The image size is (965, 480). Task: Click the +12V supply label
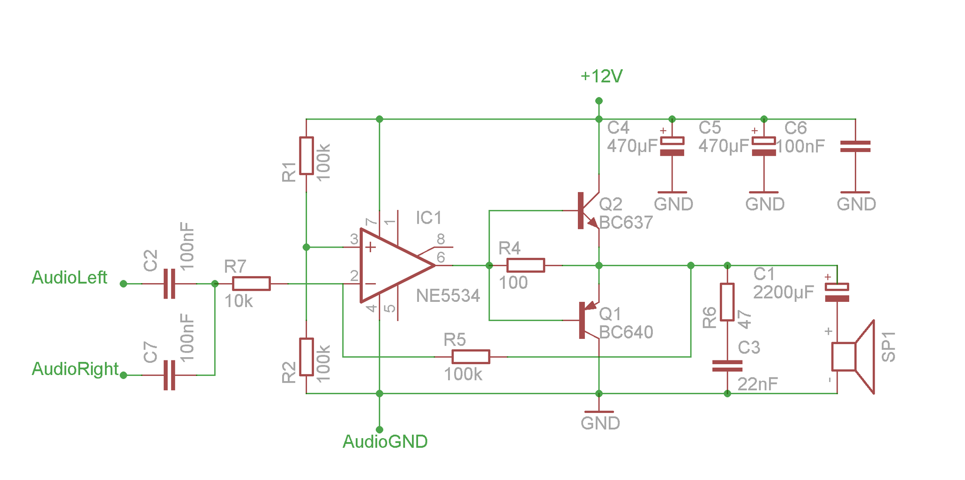tap(601, 76)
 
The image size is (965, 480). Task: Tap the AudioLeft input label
tap(69, 277)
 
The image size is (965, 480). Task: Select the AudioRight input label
tap(75, 369)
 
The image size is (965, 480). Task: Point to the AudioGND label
tap(385, 442)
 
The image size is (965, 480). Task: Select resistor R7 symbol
tap(251, 284)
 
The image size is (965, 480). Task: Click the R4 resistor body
tap(525, 265)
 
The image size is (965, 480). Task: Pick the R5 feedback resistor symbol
tap(471, 357)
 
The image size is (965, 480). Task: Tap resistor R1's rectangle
tap(307, 156)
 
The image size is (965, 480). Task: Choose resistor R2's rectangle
tap(307, 357)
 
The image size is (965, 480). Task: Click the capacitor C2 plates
tap(169, 284)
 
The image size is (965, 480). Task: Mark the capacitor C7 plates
tap(169, 375)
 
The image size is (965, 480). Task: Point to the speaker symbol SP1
tap(853, 357)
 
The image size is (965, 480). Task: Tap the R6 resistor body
tap(727, 302)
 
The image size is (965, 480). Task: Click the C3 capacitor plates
tap(727, 366)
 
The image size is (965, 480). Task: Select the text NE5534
tap(448, 296)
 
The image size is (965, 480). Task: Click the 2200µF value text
tap(783, 292)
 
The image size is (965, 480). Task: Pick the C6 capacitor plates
tap(855, 147)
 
